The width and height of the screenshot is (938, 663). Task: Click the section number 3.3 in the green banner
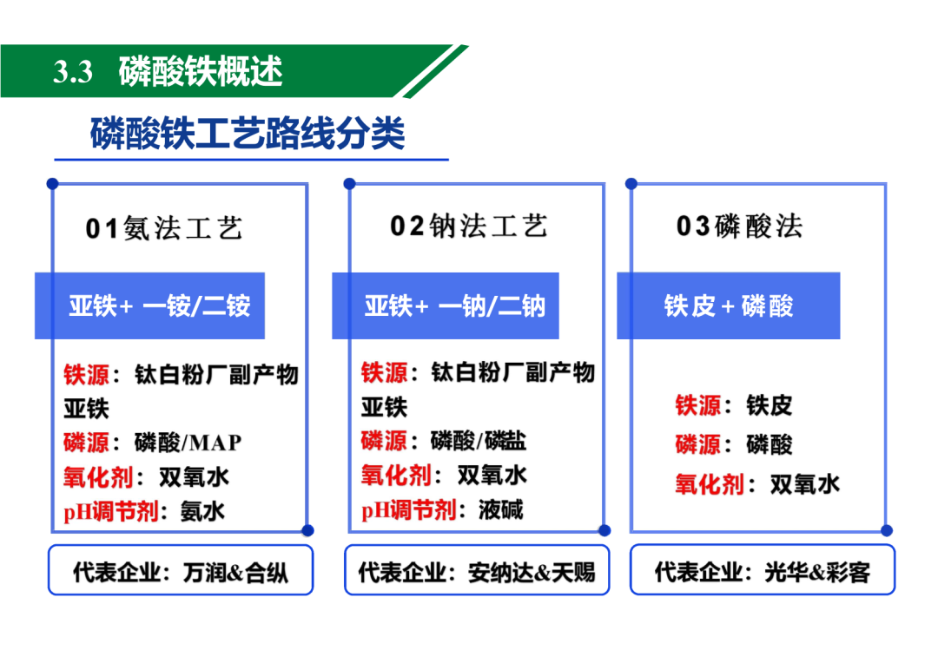[73, 72]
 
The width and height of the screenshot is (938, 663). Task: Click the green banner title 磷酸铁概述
[201, 71]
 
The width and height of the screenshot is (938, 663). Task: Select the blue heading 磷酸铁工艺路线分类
[248, 133]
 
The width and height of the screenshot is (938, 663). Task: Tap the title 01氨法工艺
[164, 228]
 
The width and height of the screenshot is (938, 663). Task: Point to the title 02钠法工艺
[468, 226]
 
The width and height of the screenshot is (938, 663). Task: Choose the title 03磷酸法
[739, 226]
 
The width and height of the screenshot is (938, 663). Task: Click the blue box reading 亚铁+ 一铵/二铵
[149, 306]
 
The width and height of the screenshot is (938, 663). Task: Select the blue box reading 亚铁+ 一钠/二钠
[446, 306]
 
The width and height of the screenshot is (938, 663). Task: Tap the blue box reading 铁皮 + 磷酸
[729, 306]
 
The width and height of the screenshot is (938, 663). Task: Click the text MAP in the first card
[215, 443]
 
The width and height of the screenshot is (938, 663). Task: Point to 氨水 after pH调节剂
[202, 512]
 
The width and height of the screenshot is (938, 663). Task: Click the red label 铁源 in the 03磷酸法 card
[697, 406]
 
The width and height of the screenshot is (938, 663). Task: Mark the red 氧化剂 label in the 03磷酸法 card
[709, 484]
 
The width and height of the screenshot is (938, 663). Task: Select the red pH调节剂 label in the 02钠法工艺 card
[408, 510]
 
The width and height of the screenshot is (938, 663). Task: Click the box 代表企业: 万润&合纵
[181, 570]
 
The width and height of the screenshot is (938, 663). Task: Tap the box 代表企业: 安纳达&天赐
[477, 570]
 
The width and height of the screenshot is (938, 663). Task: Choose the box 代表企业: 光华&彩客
[763, 570]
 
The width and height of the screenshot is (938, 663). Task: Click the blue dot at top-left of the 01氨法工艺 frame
[53, 183]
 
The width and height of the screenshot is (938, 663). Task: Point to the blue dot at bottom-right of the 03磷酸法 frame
[887, 530]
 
